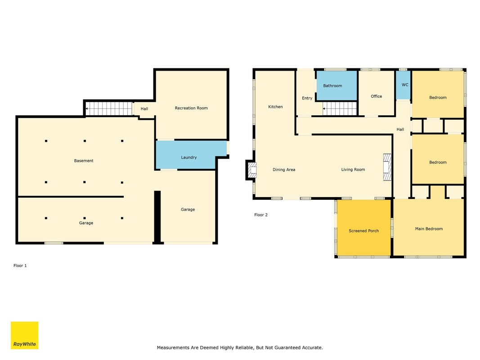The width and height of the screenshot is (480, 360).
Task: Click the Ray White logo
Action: pyautogui.click(x=24, y=335)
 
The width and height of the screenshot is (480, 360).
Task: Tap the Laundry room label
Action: pyautogui.click(x=189, y=157)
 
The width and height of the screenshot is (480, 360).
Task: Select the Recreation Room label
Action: pyautogui.click(x=191, y=108)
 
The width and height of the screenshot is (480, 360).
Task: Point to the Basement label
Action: pyautogui.click(x=84, y=161)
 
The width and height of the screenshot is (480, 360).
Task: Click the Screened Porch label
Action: pyautogui.click(x=363, y=231)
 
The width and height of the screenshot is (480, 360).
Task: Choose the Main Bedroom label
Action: pyautogui.click(x=429, y=229)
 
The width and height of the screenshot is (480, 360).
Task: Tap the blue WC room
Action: pyautogui.click(x=403, y=85)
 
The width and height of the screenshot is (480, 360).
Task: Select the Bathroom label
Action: pyautogui.click(x=332, y=85)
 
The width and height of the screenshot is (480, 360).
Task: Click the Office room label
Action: pyautogui.click(x=376, y=96)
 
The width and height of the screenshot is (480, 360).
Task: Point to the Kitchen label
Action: pyautogui.click(x=275, y=107)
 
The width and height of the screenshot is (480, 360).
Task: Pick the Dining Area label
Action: pyautogui.click(x=284, y=170)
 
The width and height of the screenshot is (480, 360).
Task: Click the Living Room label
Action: pyautogui.click(x=353, y=170)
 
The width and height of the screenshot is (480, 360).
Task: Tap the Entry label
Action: pyautogui.click(x=307, y=98)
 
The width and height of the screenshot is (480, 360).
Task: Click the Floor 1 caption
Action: pyautogui.click(x=20, y=265)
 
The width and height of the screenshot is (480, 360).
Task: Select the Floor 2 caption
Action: pyautogui.click(x=261, y=215)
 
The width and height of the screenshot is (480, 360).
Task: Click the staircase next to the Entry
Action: pyautogui.click(x=340, y=108)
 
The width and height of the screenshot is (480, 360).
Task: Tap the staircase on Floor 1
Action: pyautogui.click(x=109, y=108)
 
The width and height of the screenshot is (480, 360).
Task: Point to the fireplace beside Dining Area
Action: pyautogui.click(x=251, y=170)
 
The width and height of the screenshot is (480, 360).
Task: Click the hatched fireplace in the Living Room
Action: pyautogui.click(x=387, y=167)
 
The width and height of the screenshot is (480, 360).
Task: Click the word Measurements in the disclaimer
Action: pyautogui.click(x=173, y=348)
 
